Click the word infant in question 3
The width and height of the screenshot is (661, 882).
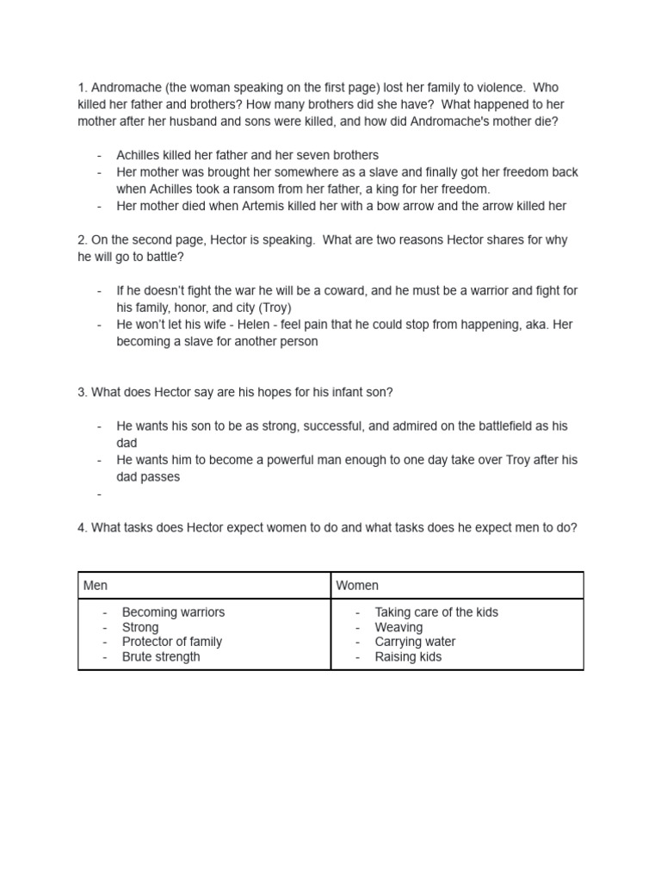[x=326, y=392]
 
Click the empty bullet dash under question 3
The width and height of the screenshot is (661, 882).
[x=100, y=494]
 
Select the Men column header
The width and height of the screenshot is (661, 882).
[x=96, y=585]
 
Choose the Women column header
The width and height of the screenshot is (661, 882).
[x=357, y=585]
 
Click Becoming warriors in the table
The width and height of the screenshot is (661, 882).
[x=173, y=612]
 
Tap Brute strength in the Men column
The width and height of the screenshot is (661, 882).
[x=161, y=656]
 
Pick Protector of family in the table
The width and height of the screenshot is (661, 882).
[x=172, y=642]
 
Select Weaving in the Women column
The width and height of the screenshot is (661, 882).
[x=398, y=627]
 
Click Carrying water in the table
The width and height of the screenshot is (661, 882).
[x=415, y=642]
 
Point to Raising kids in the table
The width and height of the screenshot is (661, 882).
[x=408, y=656]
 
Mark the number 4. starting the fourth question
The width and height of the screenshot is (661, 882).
[x=83, y=528]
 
